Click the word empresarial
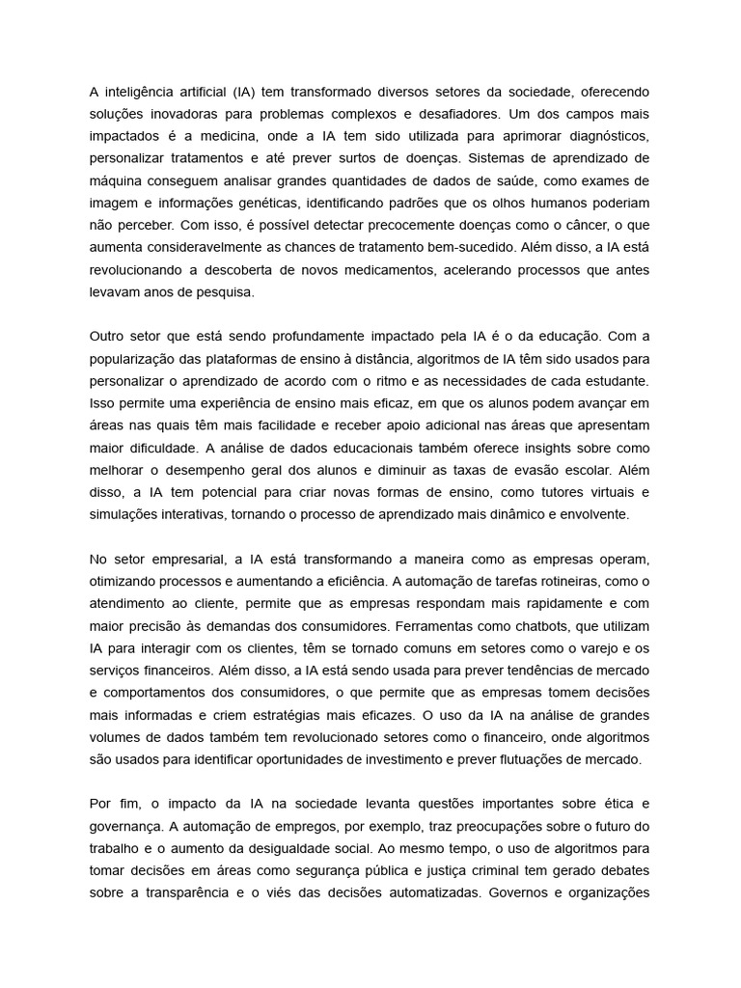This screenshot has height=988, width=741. [189, 560]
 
